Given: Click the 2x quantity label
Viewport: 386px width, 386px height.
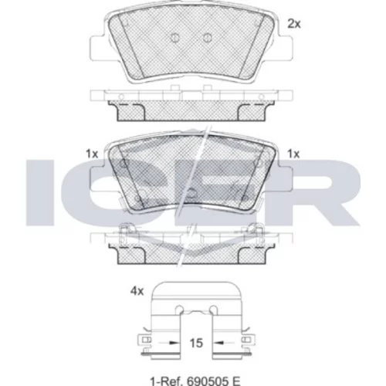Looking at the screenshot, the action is (x=294, y=24).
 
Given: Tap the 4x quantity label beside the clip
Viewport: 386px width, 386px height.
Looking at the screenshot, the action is (x=137, y=291).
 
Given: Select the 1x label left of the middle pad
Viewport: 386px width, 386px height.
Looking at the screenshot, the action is (x=92, y=154).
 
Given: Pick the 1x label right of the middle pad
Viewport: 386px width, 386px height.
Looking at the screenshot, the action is (x=293, y=154).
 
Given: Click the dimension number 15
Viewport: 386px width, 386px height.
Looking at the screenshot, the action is (x=196, y=343).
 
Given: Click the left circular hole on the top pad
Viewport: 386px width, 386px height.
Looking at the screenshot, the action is (x=174, y=38).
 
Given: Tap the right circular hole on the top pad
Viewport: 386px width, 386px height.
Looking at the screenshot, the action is (x=207, y=38).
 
